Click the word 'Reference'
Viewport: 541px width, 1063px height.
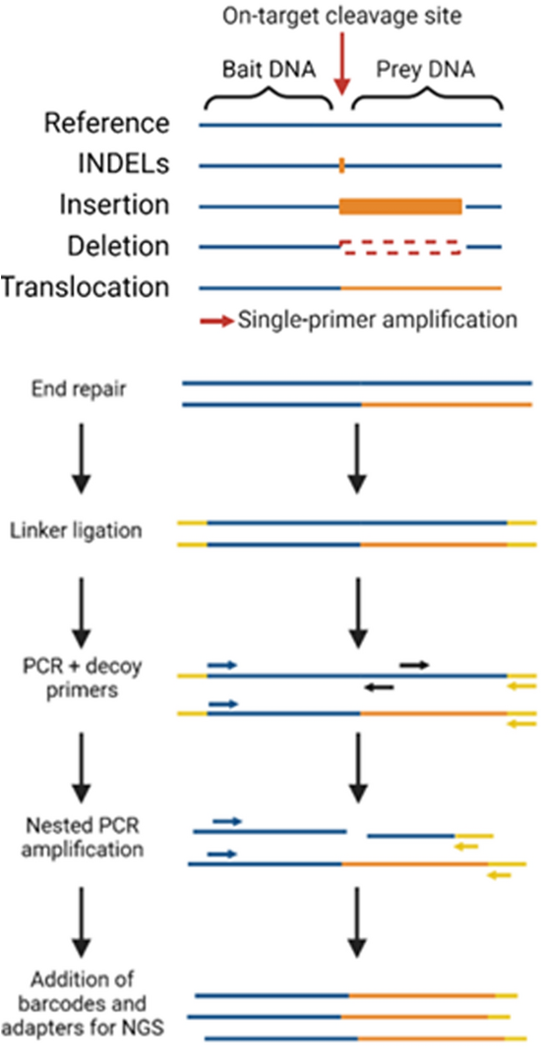[106, 125]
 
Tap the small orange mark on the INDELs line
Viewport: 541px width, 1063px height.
[341, 165]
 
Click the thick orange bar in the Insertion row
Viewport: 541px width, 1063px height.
[400, 206]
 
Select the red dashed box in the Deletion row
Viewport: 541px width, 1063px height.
[400, 246]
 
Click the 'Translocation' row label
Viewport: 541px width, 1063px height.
[86, 287]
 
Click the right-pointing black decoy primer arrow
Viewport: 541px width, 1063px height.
[414, 665]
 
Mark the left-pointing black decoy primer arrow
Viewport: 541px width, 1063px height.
[379, 687]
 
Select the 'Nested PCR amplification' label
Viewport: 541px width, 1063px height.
[82, 835]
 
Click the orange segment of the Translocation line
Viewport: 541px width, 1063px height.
[421, 287]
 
